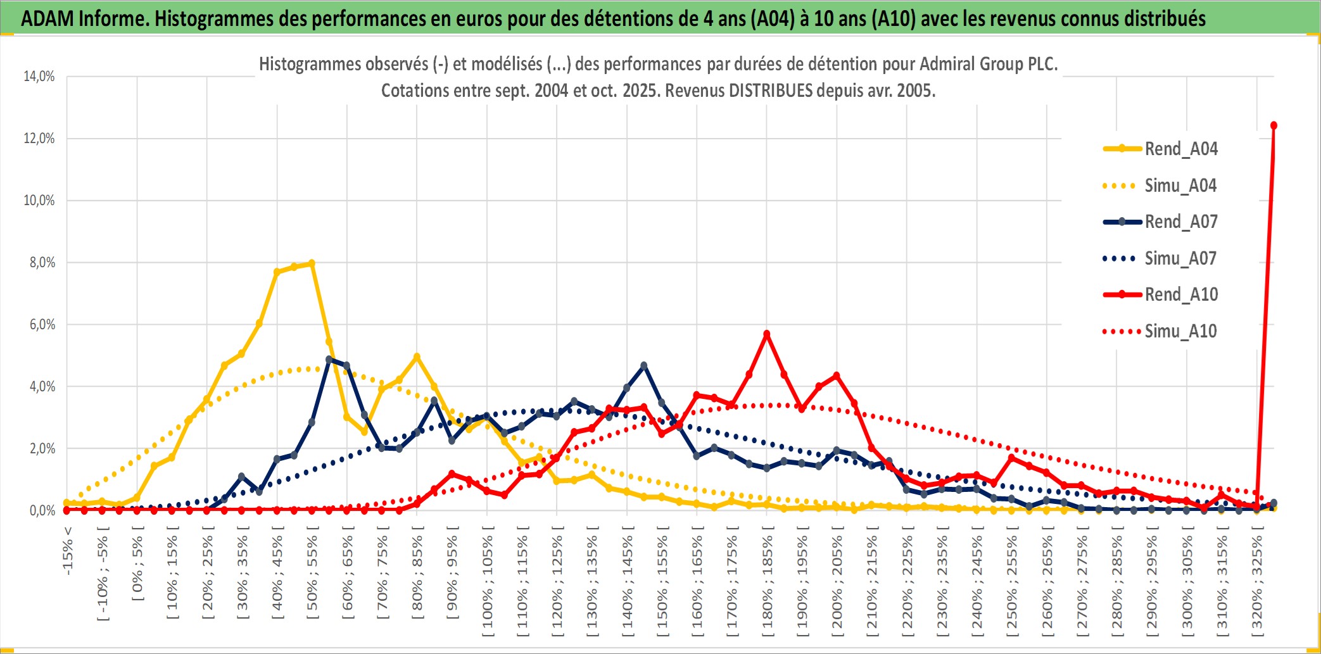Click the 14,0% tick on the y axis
tap(39, 77)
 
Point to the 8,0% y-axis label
tap(42, 263)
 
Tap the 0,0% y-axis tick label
tap(42, 510)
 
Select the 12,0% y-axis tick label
tap(39, 139)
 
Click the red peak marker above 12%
tap(1274, 125)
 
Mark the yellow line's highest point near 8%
tap(312, 263)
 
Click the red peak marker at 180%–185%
tap(767, 334)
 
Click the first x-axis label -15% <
tap(68, 551)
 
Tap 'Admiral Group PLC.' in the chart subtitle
tap(989, 64)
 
